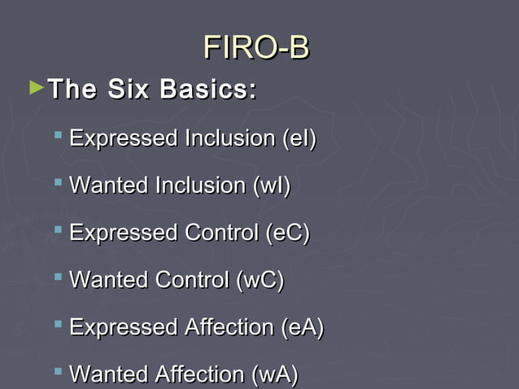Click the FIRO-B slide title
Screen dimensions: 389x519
256,47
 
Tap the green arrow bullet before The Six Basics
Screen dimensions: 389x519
34,85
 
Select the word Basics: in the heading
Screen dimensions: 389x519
208,89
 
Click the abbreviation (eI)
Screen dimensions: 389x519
299,138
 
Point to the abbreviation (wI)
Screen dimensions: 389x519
273,186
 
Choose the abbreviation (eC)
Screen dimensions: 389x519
288,233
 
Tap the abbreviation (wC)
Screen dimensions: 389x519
260,280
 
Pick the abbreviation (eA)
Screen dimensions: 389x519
302,327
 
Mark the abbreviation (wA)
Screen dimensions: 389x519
275,374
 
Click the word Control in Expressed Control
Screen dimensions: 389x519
222,233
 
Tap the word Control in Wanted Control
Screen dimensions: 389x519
195,280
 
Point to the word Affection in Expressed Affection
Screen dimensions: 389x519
229,327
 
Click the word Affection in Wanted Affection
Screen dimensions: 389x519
203,374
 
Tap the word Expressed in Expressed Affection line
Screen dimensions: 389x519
124,327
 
